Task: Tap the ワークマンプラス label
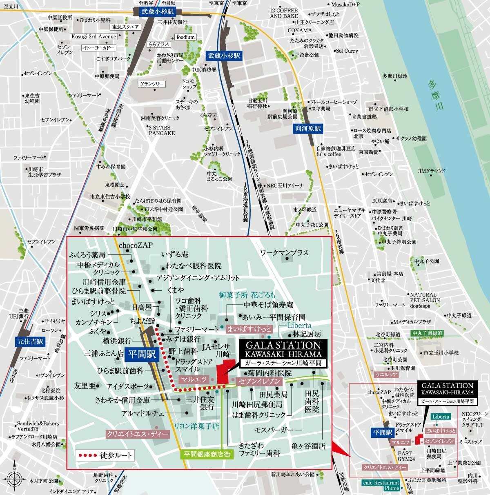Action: [x=284, y=253]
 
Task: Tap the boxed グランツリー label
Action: [x=151, y=84]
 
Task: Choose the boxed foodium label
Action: [x=185, y=37]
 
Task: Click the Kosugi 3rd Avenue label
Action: [x=94, y=37]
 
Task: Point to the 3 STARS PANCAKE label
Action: [x=162, y=130]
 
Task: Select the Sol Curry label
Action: [x=347, y=51]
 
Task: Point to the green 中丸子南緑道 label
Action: [x=428, y=333]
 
